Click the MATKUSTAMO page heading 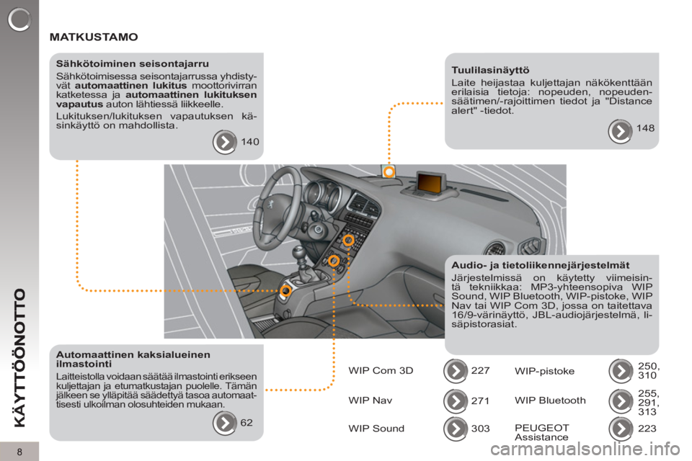(94, 37)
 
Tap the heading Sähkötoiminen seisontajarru (133, 64)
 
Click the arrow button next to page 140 (225, 142)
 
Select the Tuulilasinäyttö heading (490, 70)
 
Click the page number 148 (645, 128)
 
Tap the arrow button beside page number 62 (225, 423)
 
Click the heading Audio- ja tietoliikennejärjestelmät (540, 265)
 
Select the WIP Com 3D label (381, 370)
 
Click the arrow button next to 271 (456, 400)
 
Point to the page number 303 (480, 429)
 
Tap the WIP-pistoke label (545, 371)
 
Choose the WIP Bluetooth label (550, 400)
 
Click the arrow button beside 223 (621, 429)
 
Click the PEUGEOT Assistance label (542, 432)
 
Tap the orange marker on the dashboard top (389, 171)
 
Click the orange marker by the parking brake (286, 290)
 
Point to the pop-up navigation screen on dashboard (430, 183)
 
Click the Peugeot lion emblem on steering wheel (268, 205)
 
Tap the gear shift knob (299, 254)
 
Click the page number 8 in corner (19, 452)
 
